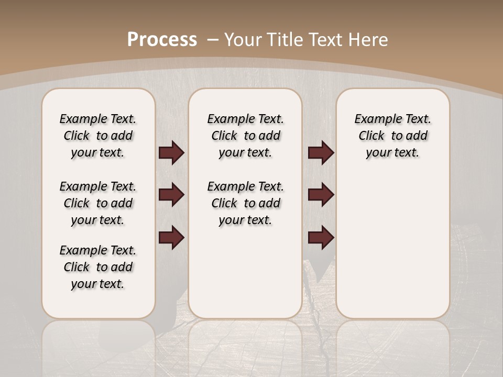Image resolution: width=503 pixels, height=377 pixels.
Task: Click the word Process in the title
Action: [162, 40]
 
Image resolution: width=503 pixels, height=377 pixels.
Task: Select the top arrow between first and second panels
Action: [171, 152]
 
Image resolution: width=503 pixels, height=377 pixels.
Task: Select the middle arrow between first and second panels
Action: [171, 195]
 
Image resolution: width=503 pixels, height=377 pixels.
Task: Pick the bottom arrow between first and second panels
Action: [171, 238]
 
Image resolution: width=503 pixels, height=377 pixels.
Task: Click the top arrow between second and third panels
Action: [321, 152]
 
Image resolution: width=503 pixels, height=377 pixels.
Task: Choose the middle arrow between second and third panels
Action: [321, 195]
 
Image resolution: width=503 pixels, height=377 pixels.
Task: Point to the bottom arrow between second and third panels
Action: [321, 238]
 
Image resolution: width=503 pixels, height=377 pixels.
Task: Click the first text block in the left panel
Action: [98, 136]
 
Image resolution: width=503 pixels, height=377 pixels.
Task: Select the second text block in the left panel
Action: [98, 203]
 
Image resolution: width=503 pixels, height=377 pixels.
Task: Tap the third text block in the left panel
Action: [98, 267]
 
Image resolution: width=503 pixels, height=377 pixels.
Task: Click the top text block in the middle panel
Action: [245, 136]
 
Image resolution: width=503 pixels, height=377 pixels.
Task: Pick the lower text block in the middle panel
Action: [245, 203]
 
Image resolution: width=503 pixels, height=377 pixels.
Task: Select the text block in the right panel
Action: [392, 136]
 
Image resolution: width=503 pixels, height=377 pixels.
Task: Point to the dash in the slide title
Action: [213, 40]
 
